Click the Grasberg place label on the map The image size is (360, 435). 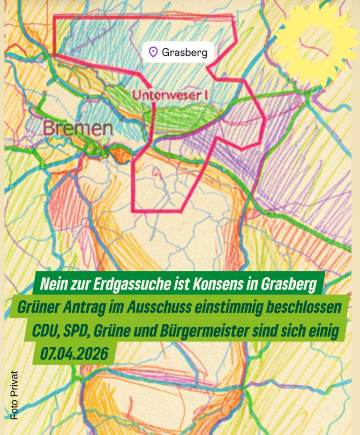[x=184, y=52]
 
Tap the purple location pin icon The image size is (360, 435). [x=153, y=52]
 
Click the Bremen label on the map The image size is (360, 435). [x=78, y=128]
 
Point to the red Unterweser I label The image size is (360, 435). [x=170, y=95]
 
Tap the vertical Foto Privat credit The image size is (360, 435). [x=14, y=395]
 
